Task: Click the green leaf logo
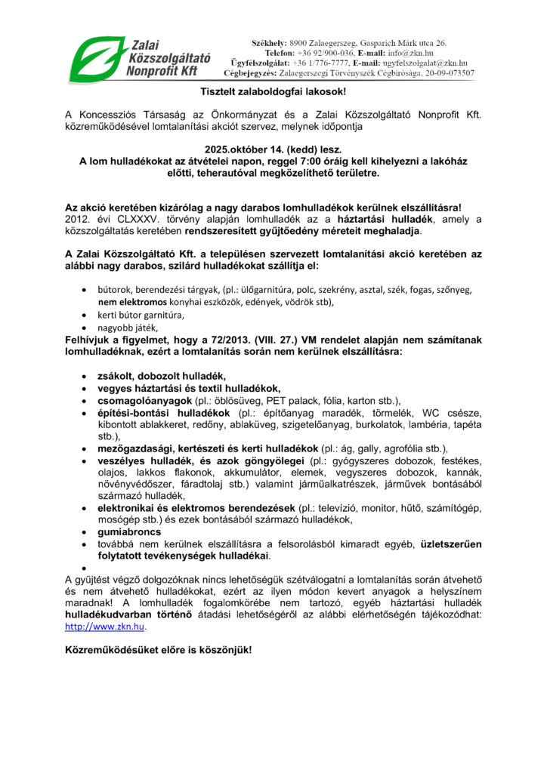(94, 57)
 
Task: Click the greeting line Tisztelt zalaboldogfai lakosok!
(272, 92)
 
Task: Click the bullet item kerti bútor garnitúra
(141, 315)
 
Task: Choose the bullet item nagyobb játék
(128, 328)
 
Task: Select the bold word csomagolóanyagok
(144, 400)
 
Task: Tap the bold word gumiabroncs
(128, 532)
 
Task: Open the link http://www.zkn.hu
(104, 627)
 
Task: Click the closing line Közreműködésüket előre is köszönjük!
(159, 649)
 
